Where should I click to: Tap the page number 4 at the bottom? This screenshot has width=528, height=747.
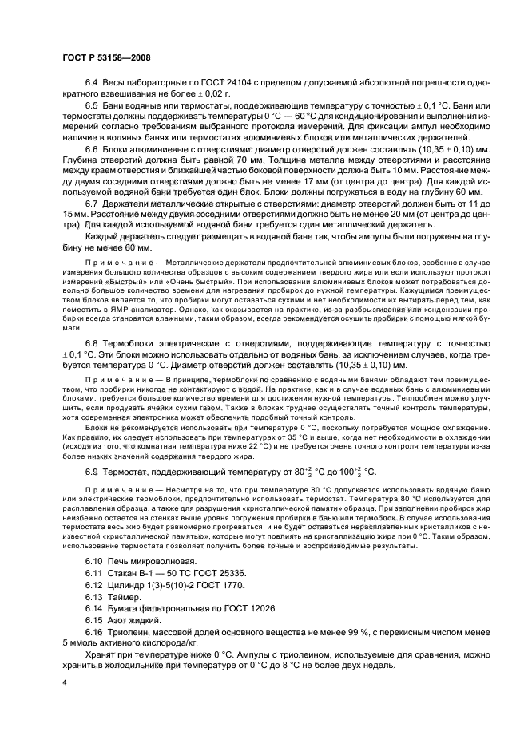tap(64, 682)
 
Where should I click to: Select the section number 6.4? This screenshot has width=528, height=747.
tap(92, 83)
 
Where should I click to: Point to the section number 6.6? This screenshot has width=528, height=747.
tap(92, 150)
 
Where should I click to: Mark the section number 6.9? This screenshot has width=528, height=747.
tap(92, 472)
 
